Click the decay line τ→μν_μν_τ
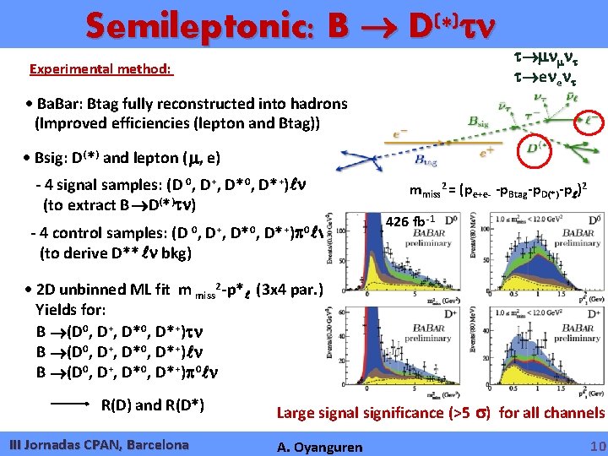551,55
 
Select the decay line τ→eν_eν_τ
551,76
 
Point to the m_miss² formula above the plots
506,190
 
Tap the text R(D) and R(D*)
153,404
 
